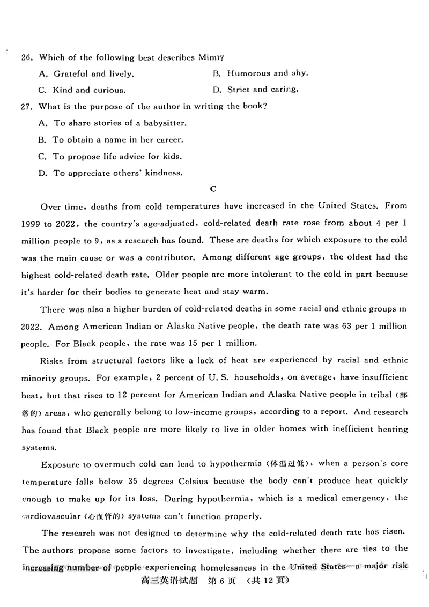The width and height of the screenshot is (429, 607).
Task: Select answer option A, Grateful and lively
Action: [86, 74]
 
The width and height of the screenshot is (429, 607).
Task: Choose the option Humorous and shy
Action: [261, 73]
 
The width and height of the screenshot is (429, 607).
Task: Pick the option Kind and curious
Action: [82, 90]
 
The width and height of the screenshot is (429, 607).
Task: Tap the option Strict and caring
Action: [256, 90]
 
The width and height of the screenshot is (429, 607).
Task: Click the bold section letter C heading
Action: [213, 189]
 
